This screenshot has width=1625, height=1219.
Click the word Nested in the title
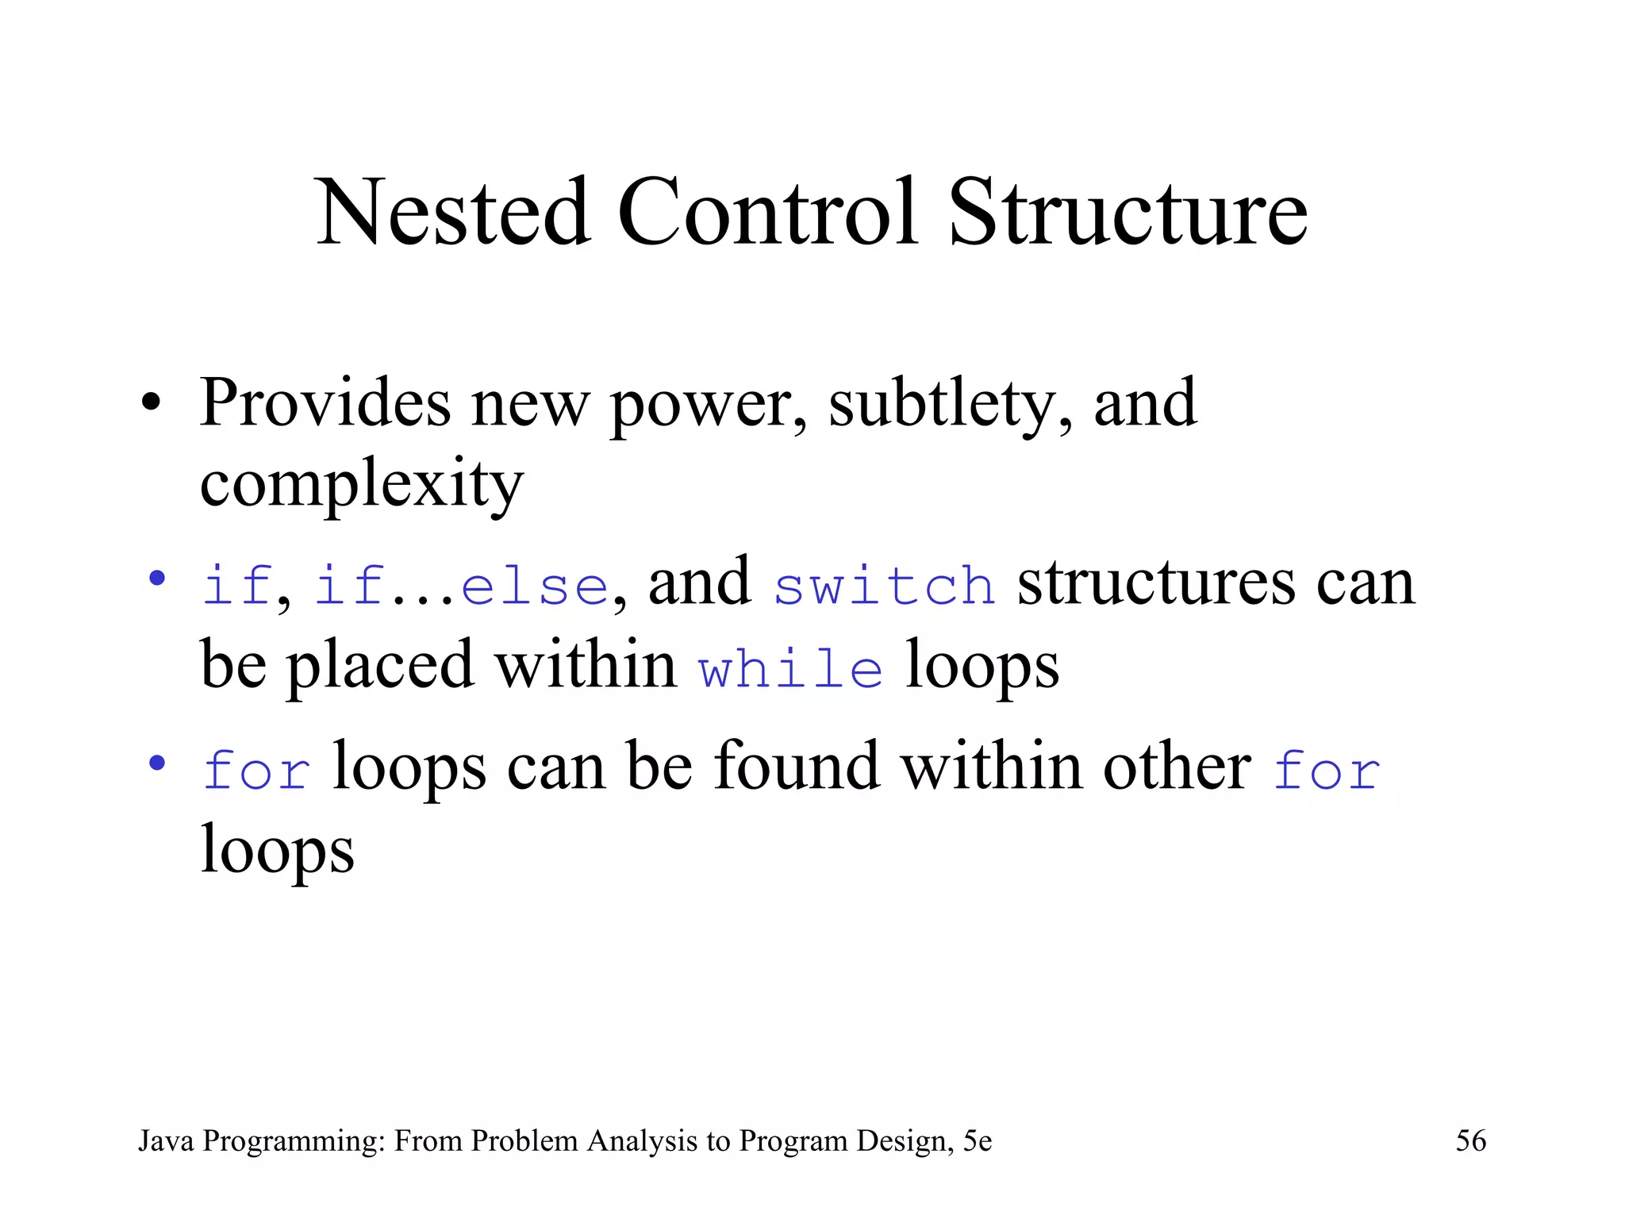click(453, 212)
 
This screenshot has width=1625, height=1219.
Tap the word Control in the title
click(767, 212)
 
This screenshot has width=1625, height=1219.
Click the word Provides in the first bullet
click(325, 402)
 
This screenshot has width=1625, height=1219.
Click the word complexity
click(361, 484)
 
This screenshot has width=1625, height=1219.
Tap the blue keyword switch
click(884, 586)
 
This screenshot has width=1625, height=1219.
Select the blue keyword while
click(790, 668)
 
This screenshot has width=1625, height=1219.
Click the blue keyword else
click(535, 586)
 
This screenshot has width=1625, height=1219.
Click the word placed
click(380, 665)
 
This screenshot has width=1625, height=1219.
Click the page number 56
click(1470, 1141)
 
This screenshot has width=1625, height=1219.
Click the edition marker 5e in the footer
click(978, 1141)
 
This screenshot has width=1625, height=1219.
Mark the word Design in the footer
click(905, 1141)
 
